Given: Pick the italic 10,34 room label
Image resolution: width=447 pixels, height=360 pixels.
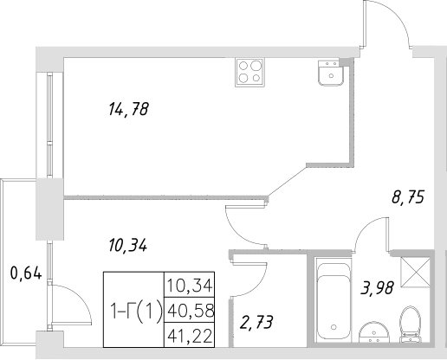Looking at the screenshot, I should tap(127, 245).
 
